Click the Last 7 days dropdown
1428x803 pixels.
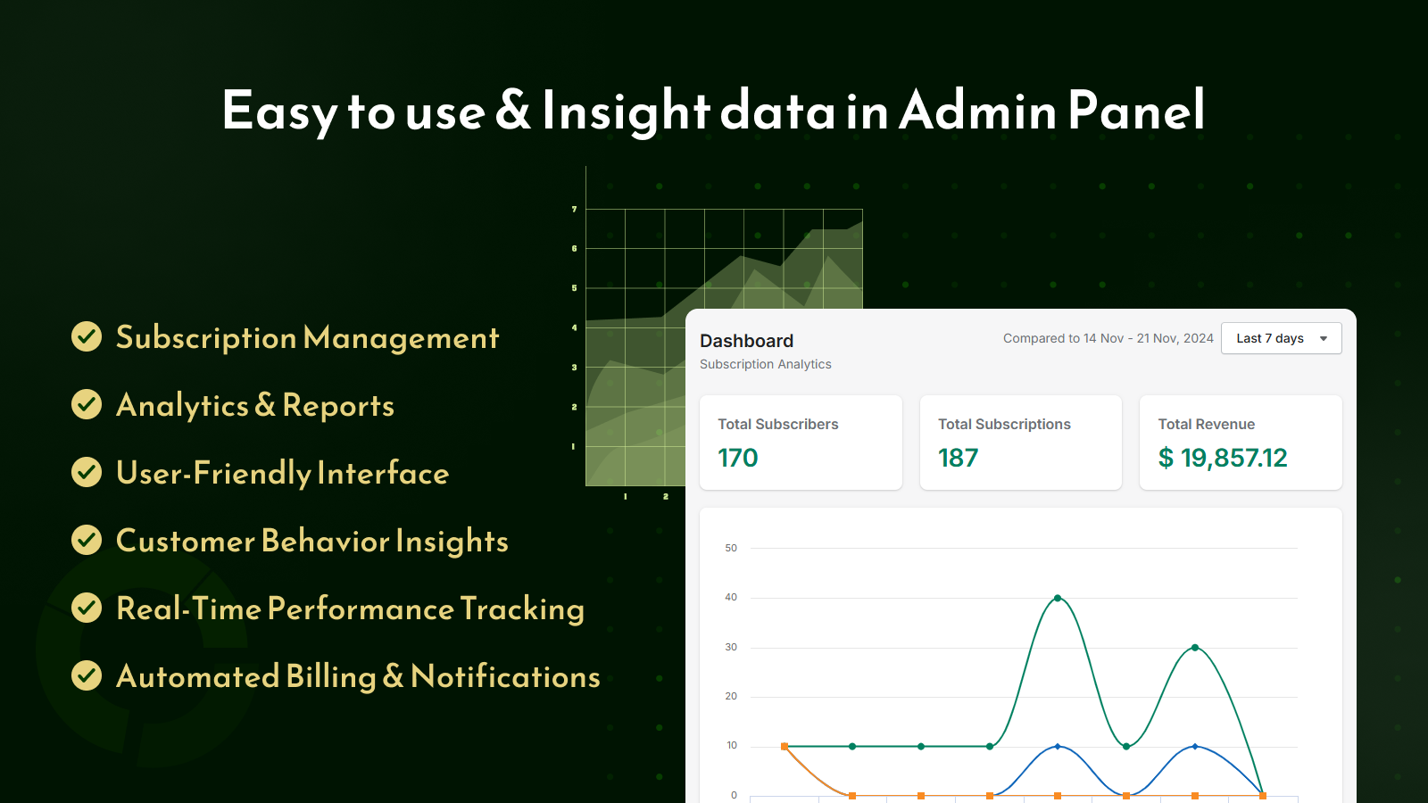1282,338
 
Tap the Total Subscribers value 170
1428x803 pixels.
737,458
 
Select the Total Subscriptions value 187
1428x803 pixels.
959,458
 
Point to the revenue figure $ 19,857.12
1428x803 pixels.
1223,458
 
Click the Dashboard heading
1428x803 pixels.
746,341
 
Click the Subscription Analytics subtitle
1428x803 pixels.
766,364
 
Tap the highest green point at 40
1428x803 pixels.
1058,598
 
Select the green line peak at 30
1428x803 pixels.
1195,648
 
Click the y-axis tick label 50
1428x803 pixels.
731,548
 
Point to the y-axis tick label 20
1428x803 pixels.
731,696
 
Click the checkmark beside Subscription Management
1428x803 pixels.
87,336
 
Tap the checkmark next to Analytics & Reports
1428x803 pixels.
87,404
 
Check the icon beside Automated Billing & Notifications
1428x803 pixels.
87,675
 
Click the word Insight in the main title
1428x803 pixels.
626,112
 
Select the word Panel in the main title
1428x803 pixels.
1136,110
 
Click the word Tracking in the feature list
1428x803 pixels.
522,609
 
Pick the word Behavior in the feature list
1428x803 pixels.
325,541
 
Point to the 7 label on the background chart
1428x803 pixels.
575,209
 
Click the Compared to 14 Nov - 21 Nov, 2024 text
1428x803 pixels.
1108,338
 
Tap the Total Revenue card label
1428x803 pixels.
1206,425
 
